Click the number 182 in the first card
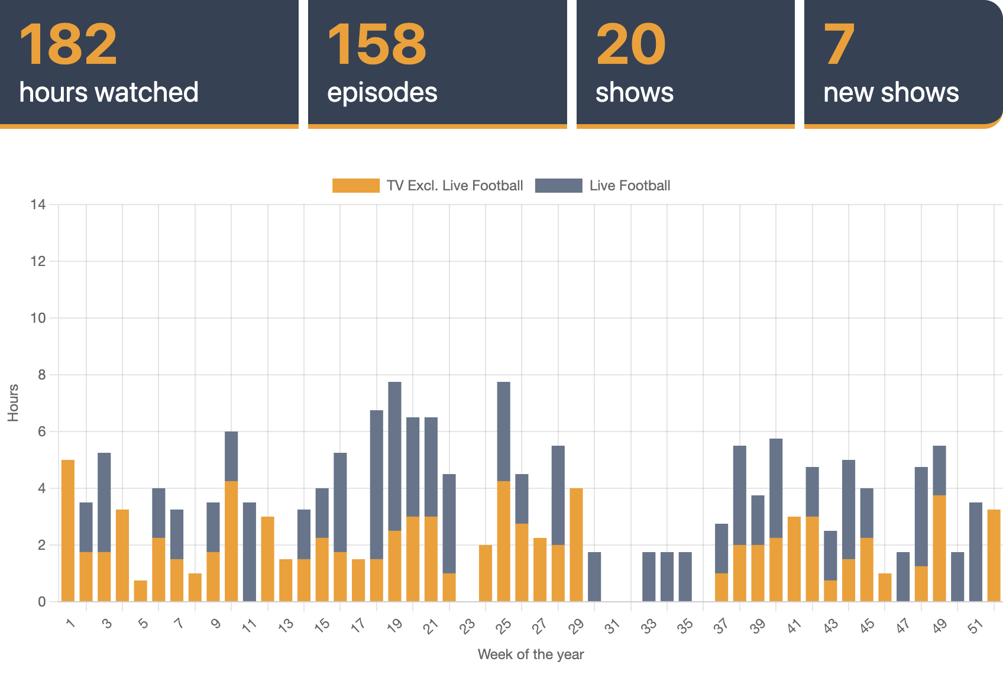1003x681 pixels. click(x=69, y=45)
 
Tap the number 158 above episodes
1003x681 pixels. click(x=376, y=45)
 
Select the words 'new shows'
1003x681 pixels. click(x=891, y=93)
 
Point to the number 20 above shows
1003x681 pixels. click(x=630, y=45)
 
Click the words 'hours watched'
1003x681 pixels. click(x=109, y=93)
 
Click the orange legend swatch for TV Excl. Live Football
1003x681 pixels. click(x=355, y=186)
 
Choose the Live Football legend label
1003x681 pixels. click(x=629, y=186)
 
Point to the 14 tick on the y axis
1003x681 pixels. click(x=38, y=205)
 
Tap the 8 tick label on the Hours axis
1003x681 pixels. click(x=41, y=375)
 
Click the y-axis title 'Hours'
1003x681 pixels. click(x=13, y=403)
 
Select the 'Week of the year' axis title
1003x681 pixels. click(x=530, y=654)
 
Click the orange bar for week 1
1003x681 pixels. click(x=68, y=531)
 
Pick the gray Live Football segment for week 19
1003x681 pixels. click(x=394, y=456)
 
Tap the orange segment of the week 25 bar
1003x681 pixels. click(x=504, y=541)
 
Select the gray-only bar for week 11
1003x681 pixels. click(x=250, y=552)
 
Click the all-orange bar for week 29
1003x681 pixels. click(x=576, y=545)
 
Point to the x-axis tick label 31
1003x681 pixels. click(x=613, y=625)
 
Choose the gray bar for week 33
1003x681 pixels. click(x=649, y=577)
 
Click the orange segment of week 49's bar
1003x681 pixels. click(x=939, y=549)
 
